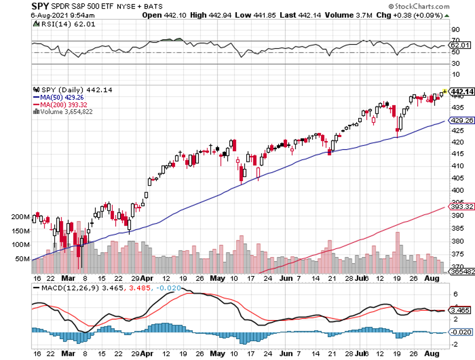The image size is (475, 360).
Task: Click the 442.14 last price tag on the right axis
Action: [462, 91]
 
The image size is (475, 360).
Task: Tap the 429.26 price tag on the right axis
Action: [462, 121]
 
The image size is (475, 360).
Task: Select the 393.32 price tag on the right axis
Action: [462, 206]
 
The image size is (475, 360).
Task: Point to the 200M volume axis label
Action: [20, 217]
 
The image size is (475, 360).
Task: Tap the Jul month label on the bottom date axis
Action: [360, 279]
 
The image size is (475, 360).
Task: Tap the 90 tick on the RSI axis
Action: [455, 29]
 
